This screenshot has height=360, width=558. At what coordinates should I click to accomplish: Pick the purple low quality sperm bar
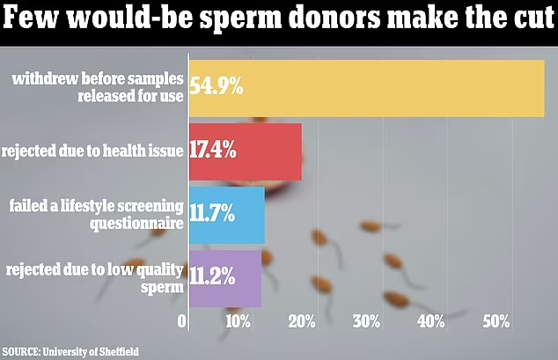pyautogui.click(x=248, y=278)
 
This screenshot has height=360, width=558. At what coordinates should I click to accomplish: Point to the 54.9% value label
pyautogui.click(x=215, y=89)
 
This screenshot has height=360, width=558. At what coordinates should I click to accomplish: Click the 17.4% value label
pyautogui.click(x=211, y=151)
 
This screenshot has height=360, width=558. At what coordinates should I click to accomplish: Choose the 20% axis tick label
pyautogui.click(x=303, y=321)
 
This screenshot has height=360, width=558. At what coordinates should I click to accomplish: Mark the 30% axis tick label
pyautogui.click(x=366, y=321)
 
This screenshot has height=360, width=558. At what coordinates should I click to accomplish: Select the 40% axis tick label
pyautogui.click(x=430, y=321)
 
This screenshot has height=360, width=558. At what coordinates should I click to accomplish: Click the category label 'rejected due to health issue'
pyautogui.click(x=92, y=151)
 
